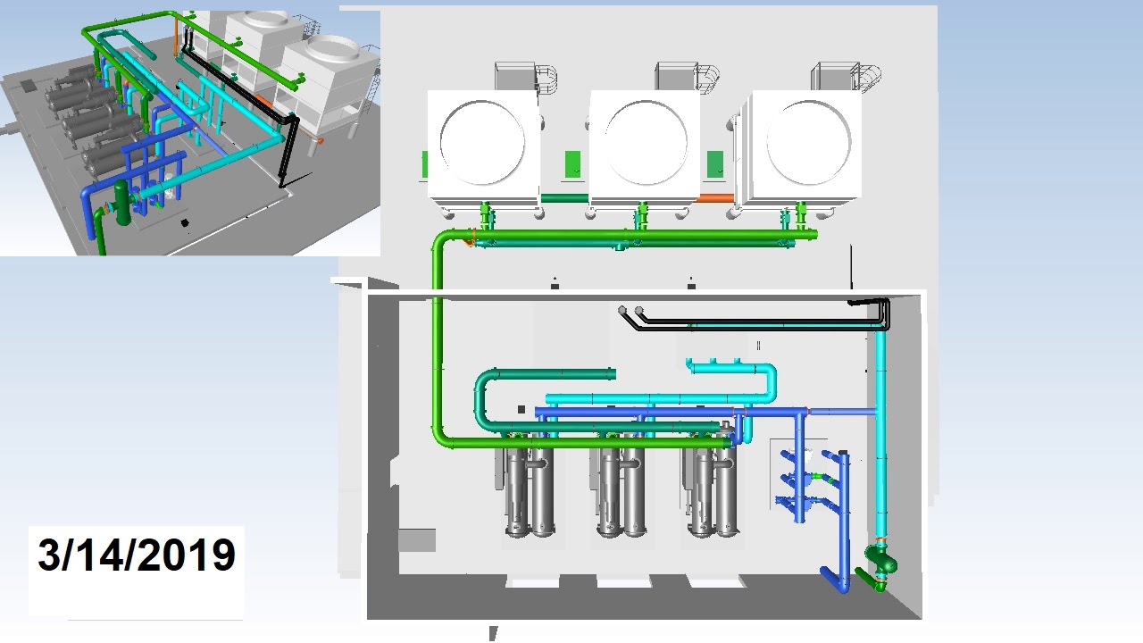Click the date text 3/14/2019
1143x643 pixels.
(x=136, y=555)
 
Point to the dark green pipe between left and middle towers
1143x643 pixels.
(x=563, y=198)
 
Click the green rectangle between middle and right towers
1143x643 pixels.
(x=714, y=164)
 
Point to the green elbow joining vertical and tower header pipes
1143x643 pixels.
(x=444, y=241)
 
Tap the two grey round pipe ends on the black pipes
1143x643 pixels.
(x=630, y=311)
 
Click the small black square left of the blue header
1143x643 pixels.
(x=521, y=410)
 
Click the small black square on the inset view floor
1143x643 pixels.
(x=185, y=222)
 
